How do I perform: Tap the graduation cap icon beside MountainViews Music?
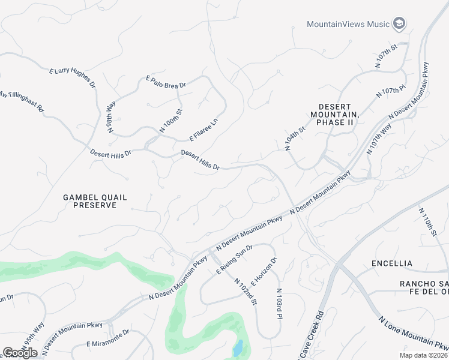pos(399,24)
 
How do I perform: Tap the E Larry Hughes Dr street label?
pos(73,79)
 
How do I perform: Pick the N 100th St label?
pos(170,120)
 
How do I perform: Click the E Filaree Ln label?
pos(204,129)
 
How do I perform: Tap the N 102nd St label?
pos(246,291)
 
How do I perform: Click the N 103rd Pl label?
pos(279,303)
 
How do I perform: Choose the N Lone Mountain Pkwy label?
pos(414,333)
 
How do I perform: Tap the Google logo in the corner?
pos(20,352)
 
